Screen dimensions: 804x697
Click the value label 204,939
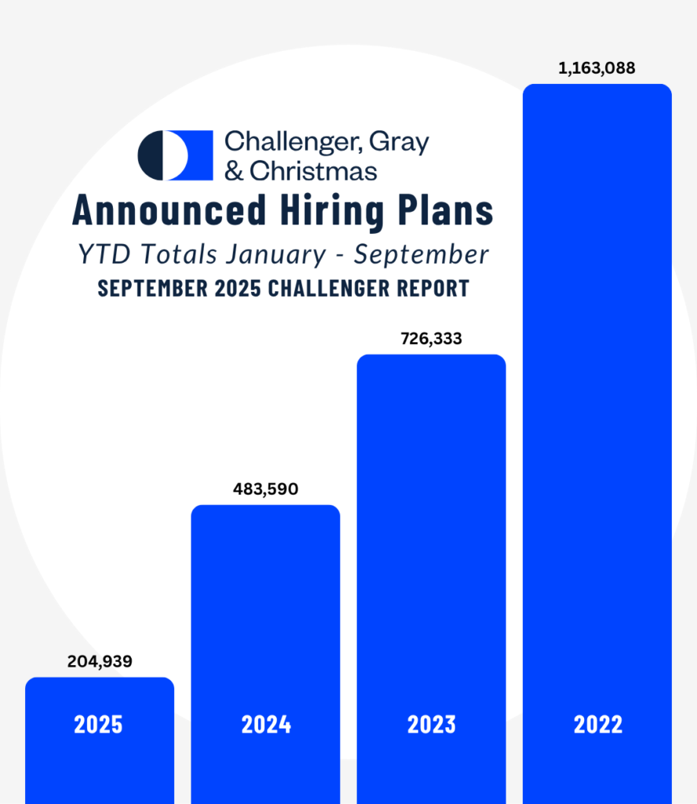100,661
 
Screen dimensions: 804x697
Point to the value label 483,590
265,490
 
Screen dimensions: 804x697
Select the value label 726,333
430,339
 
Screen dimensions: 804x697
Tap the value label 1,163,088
597,68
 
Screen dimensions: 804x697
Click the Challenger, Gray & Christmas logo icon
175,155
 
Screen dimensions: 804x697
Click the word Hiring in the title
341,210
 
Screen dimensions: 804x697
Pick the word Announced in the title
170,210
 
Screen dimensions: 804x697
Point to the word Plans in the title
451,210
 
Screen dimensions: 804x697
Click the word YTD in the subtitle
104,254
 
